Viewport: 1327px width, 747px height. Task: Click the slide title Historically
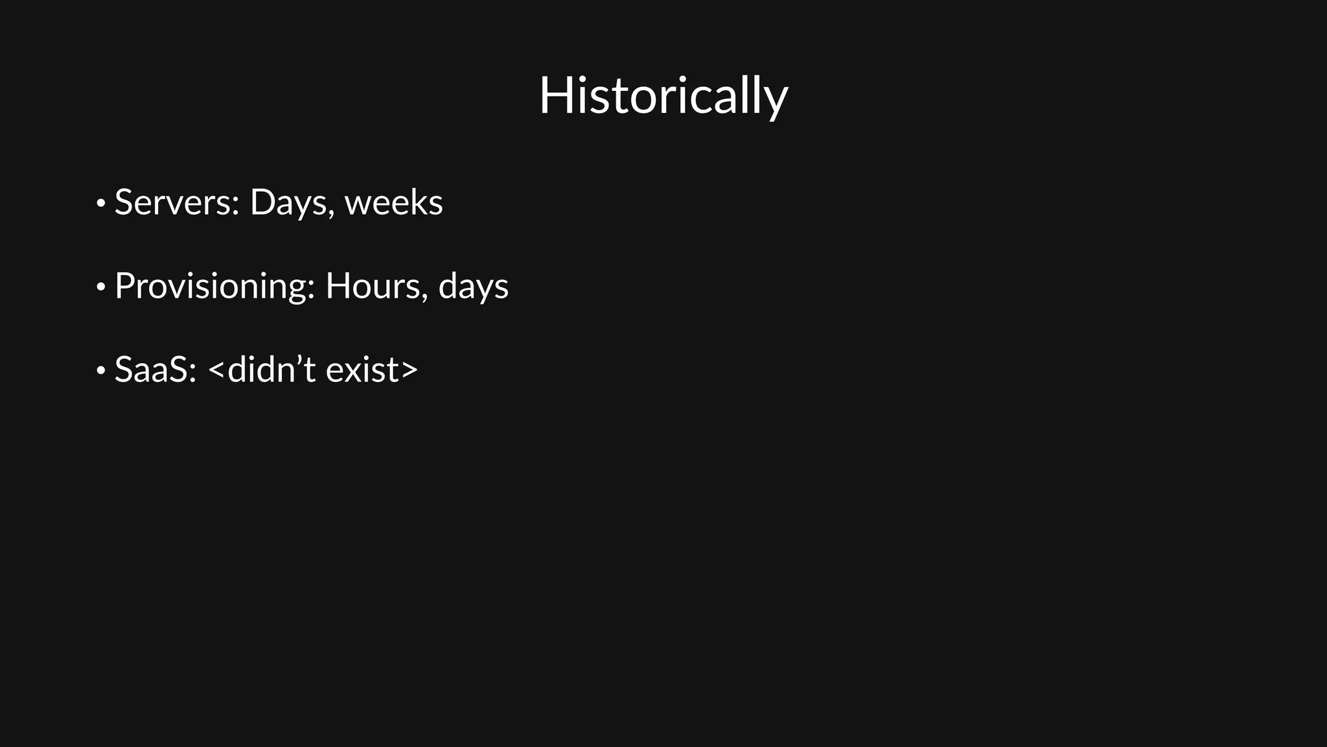point(663,96)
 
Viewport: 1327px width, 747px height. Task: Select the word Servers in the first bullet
point(172,202)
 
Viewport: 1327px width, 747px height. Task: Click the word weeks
point(394,202)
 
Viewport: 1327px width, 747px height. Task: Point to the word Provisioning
point(211,287)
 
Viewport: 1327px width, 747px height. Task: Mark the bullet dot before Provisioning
point(100,287)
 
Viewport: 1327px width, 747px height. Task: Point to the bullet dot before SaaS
point(100,371)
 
